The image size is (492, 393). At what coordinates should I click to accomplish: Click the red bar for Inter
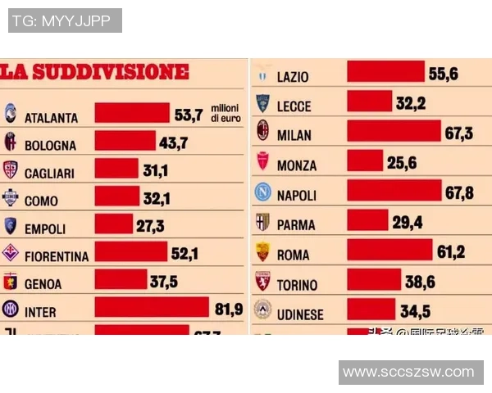(x=152, y=307)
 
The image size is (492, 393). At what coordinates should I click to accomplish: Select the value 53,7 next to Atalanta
(x=188, y=115)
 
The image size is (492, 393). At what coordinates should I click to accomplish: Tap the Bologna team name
(x=50, y=145)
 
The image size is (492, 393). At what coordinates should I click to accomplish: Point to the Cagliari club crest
(x=11, y=169)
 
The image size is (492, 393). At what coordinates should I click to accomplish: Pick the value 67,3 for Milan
(x=457, y=132)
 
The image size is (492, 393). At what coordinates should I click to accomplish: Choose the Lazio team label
(x=293, y=76)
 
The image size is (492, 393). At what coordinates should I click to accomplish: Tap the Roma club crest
(x=262, y=252)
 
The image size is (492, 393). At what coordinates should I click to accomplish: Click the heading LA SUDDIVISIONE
(x=94, y=72)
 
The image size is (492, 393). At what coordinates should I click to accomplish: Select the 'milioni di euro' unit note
(x=225, y=113)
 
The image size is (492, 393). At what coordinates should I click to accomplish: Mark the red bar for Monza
(x=365, y=161)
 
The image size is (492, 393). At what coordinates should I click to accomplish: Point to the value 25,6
(x=402, y=163)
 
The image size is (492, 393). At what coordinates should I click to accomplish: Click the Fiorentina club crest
(x=11, y=252)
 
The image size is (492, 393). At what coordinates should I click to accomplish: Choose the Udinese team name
(x=300, y=314)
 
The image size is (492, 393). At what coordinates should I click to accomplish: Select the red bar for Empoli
(x=114, y=224)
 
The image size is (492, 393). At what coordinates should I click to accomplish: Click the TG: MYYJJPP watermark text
(x=65, y=20)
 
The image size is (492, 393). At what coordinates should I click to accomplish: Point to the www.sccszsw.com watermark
(x=408, y=372)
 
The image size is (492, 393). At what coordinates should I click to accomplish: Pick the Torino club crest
(x=262, y=281)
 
